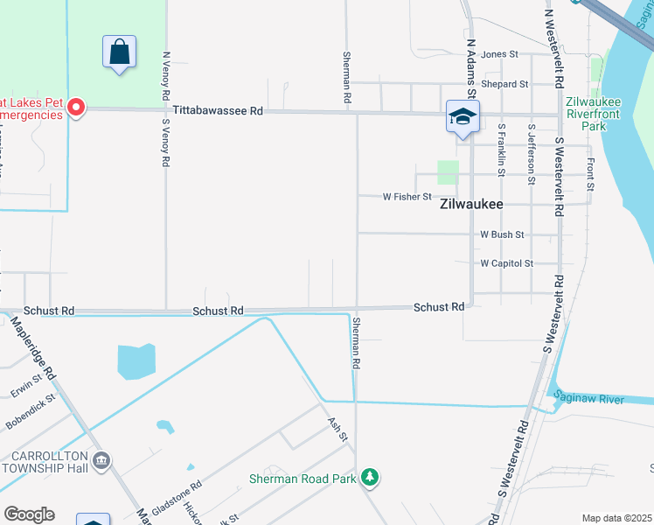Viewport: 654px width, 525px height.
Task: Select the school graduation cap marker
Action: pyautogui.click(x=463, y=116)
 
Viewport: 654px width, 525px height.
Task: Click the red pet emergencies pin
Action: pyautogui.click(x=76, y=108)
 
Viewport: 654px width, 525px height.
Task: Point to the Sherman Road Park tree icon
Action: pyautogui.click(x=372, y=477)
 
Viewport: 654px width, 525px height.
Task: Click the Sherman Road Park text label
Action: pyautogui.click(x=303, y=479)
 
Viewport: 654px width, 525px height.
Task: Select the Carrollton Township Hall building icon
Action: pyautogui.click(x=101, y=460)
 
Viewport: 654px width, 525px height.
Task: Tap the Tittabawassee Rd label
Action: pyautogui.click(x=219, y=111)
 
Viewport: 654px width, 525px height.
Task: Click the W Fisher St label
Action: pyautogui.click(x=407, y=197)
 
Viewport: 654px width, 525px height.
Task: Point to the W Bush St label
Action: pyautogui.click(x=502, y=234)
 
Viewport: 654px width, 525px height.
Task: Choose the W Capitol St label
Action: pyautogui.click(x=506, y=263)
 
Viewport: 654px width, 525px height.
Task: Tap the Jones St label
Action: pyautogui.click(x=494, y=54)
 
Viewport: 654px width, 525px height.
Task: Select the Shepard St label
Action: pyautogui.click(x=505, y=84)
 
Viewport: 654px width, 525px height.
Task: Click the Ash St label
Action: pyautogui.click(x=337, y=429)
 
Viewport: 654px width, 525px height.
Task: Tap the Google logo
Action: pyautogui.click(x=29, y=514)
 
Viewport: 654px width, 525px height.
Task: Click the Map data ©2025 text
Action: pyautogui.click(x=616, y=518)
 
